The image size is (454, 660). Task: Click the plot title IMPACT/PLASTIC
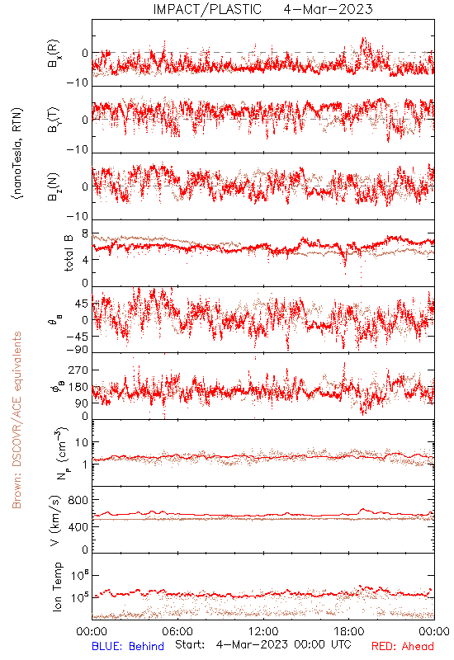click(x=207, y=9)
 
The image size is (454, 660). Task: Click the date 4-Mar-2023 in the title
click(x=328, y=9)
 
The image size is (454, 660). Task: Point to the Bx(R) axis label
click(x=54, y=54)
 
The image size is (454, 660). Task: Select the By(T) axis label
click(x=54, y=120)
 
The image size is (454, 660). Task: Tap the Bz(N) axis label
click(x=54, y=186)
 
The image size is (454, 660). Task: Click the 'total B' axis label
click(x=69, y=253)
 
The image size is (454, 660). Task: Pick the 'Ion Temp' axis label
click(x=57, y=587)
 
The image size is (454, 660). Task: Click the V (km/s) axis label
click(x=55, y=521)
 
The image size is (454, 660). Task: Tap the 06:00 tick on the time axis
click(x=177, y=631)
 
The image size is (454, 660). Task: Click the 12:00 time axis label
click(x=263, y=631)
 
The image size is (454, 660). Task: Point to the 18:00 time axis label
click(x=349, y=631)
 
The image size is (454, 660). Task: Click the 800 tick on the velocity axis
click(x=78, y=500)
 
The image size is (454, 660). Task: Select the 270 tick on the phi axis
click(x=78, y=370)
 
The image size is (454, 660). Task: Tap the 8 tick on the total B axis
click(x=85, y=234)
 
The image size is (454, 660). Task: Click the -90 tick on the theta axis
click(x=78, y=350)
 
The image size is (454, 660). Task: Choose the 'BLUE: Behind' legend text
click(x=128, y=646)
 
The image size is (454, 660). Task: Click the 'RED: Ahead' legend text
click(x=403, y=646)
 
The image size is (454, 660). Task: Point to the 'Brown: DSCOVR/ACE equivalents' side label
click(x=17, y=420)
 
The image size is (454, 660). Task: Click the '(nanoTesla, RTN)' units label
click(x=17, y=153)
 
